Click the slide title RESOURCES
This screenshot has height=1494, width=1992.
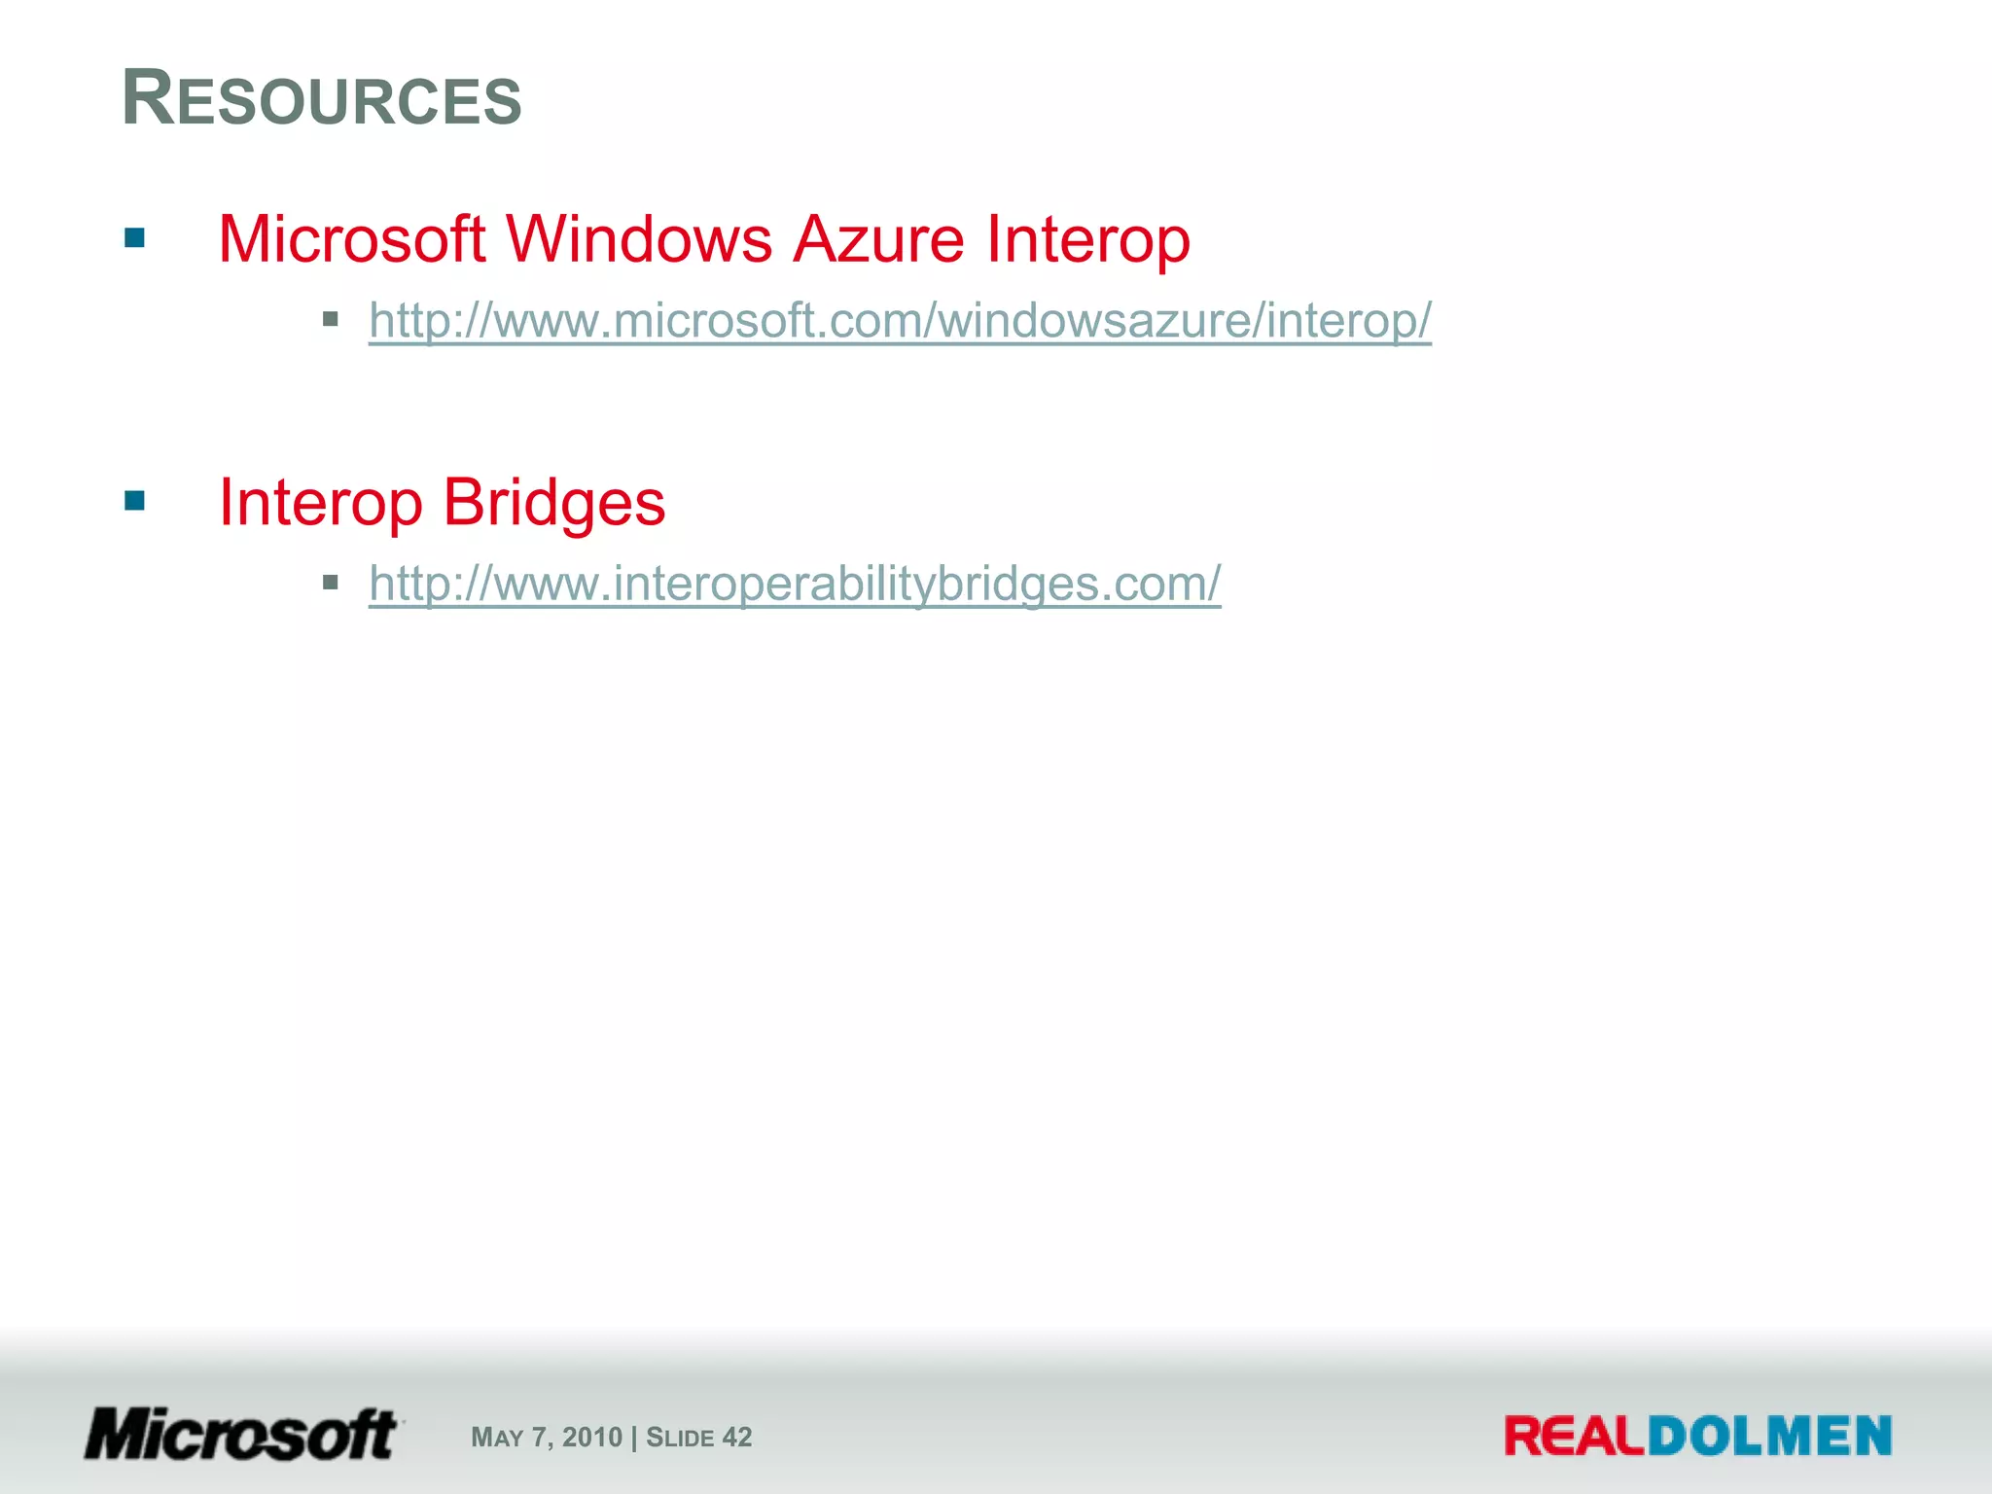click(322, 99)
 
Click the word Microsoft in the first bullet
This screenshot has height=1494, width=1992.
click(351, 239)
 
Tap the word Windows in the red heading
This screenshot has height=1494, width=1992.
click(639, 239)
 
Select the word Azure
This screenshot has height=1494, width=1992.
click(878, 239)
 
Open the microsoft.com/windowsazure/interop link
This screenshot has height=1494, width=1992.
click(900, 321)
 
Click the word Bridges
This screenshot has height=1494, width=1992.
click(553, 504)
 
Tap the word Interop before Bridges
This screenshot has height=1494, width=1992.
click(320, 504)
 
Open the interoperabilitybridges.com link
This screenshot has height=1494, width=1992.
click(795, 585)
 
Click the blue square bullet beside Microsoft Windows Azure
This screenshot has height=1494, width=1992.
click(135, 238)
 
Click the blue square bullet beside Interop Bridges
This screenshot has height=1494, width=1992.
click(135, 501)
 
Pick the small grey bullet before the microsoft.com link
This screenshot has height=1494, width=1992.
click(331, 319)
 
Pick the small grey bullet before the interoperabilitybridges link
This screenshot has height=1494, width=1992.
click(331, 583)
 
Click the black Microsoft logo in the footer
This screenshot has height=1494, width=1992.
click(241, 1435)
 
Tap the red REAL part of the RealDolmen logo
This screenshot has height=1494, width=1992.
click(1575, 1437)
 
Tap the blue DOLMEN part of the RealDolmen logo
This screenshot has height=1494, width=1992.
click(1769, 1437)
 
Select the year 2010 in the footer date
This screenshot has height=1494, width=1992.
click(591, 1438)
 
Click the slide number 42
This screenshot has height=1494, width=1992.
click(736, 1438)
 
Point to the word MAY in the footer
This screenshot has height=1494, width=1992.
click(497, 1438)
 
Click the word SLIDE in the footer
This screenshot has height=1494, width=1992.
click(680, 1438)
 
